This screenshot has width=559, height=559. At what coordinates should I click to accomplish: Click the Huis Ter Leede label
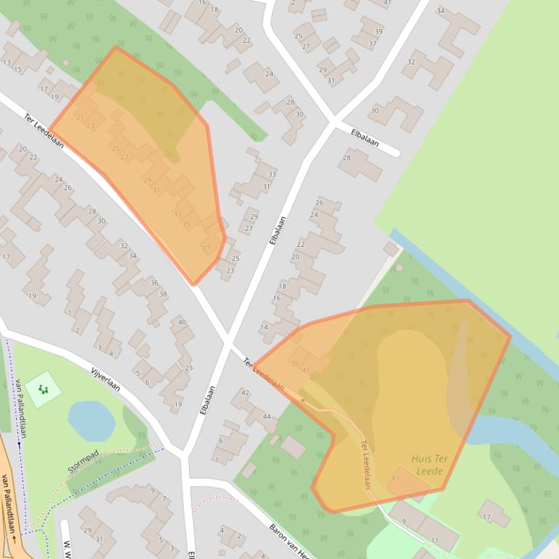click(429, 465)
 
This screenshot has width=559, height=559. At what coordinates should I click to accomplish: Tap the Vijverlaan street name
click(105, 378)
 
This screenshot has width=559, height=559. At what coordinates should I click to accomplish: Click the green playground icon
click(44, 389)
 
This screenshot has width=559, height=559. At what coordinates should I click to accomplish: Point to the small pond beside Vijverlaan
click(91, 421)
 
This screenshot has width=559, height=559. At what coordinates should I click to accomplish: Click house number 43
click(395, 478)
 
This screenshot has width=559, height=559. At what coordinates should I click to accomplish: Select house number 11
click(435, 541)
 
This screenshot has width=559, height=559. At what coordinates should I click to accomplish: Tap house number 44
click(267, 417)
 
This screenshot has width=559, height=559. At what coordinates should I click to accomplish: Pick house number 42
click(246, 393)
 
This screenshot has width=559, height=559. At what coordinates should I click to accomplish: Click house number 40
click(182, 322)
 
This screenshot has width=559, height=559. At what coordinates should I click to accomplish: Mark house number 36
click(154, 283)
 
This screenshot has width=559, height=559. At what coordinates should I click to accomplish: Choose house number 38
click(163, 294)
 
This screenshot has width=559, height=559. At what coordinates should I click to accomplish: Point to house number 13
click(7, 62)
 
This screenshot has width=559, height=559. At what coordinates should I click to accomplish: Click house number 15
click(17, 70)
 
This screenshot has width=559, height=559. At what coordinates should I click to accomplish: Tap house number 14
click(264, 327)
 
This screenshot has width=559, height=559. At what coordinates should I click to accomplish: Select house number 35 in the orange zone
click(186, 224)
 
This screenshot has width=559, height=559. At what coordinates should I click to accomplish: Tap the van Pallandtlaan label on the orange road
click(8, 508)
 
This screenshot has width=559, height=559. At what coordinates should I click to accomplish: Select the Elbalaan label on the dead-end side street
click(364, 138)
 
